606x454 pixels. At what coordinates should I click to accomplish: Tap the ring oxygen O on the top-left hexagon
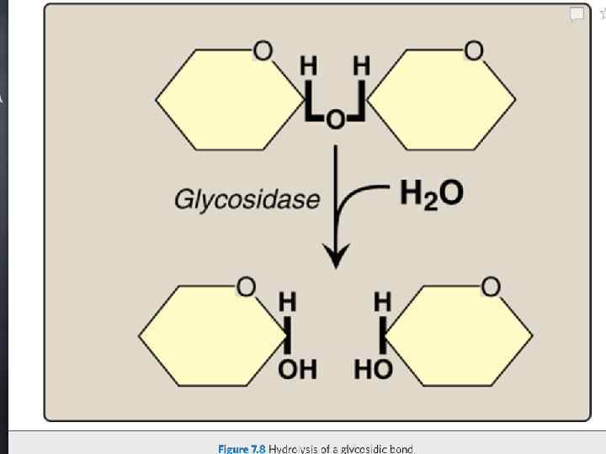(x=263, y=53)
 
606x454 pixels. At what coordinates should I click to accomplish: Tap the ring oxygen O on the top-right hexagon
(x=476, y=53)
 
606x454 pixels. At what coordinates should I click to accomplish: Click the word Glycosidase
(x=247, y=200)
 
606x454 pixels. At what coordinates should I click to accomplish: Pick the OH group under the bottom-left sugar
(x=297, y=370)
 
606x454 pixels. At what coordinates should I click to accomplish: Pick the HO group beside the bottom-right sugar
(x=372, y=370)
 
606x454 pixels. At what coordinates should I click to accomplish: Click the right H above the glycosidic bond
(x=361, y=65)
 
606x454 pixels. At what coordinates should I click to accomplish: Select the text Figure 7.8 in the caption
(x=242, y=449)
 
